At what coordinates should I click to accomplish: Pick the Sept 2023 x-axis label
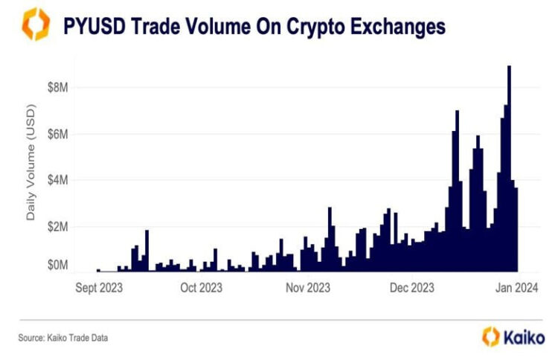tap(99, 287)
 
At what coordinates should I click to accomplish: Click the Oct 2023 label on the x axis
tap(200, 287)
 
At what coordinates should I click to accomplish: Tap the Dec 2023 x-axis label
tap(411, 287)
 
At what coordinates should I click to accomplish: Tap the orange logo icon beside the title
tap(35, 25)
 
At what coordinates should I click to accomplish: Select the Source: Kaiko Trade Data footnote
tap(63, 338)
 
